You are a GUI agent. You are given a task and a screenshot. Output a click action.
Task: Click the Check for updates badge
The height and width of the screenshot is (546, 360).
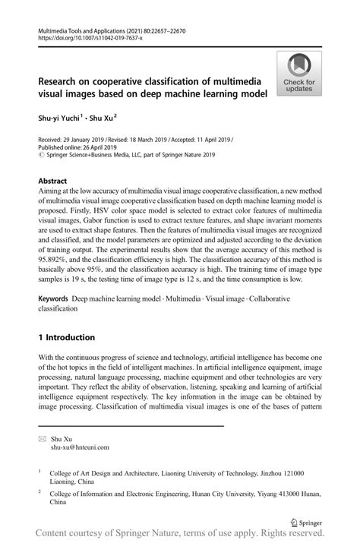coord(300,74)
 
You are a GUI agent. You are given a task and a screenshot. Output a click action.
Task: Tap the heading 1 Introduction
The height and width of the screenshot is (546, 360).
coord(67,337)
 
